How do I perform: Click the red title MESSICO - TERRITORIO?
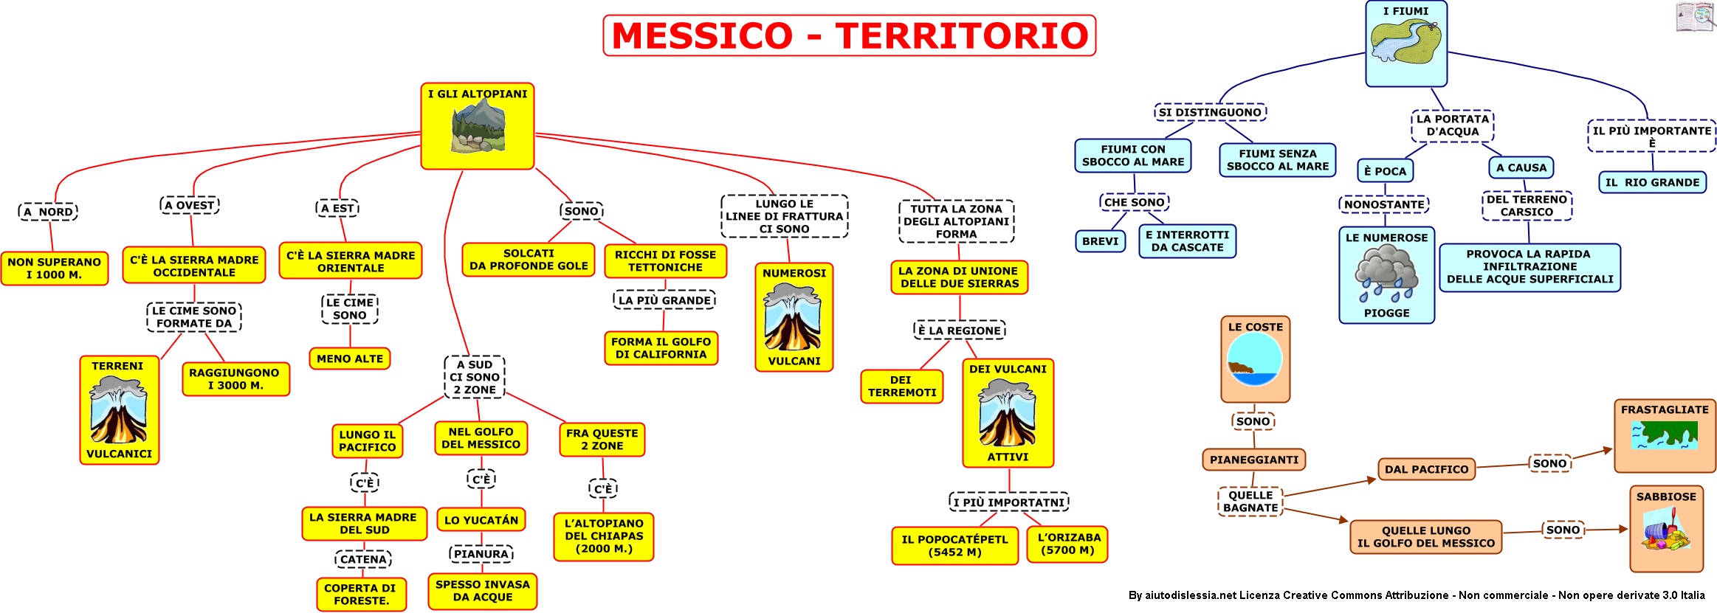850,35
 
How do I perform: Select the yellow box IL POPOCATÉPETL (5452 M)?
954,546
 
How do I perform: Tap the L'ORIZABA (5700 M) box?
1067,544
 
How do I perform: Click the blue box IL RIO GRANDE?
1652,182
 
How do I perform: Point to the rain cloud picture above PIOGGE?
1386,274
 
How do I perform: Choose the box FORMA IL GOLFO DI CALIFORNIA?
661,348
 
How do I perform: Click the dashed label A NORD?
48,212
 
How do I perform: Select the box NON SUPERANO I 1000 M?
55,268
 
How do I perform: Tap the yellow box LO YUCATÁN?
481,520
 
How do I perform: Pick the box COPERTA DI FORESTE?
362,595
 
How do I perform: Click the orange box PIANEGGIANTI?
1254,460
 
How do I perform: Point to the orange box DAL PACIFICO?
1426,469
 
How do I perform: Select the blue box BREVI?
1101,241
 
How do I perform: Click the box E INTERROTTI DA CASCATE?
1187,241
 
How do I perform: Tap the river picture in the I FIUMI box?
1405,42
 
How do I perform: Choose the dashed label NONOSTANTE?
1384,204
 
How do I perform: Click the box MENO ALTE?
350,359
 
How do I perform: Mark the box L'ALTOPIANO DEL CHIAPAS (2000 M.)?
604,536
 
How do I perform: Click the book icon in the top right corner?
1695,17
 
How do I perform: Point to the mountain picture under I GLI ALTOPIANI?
478,126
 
